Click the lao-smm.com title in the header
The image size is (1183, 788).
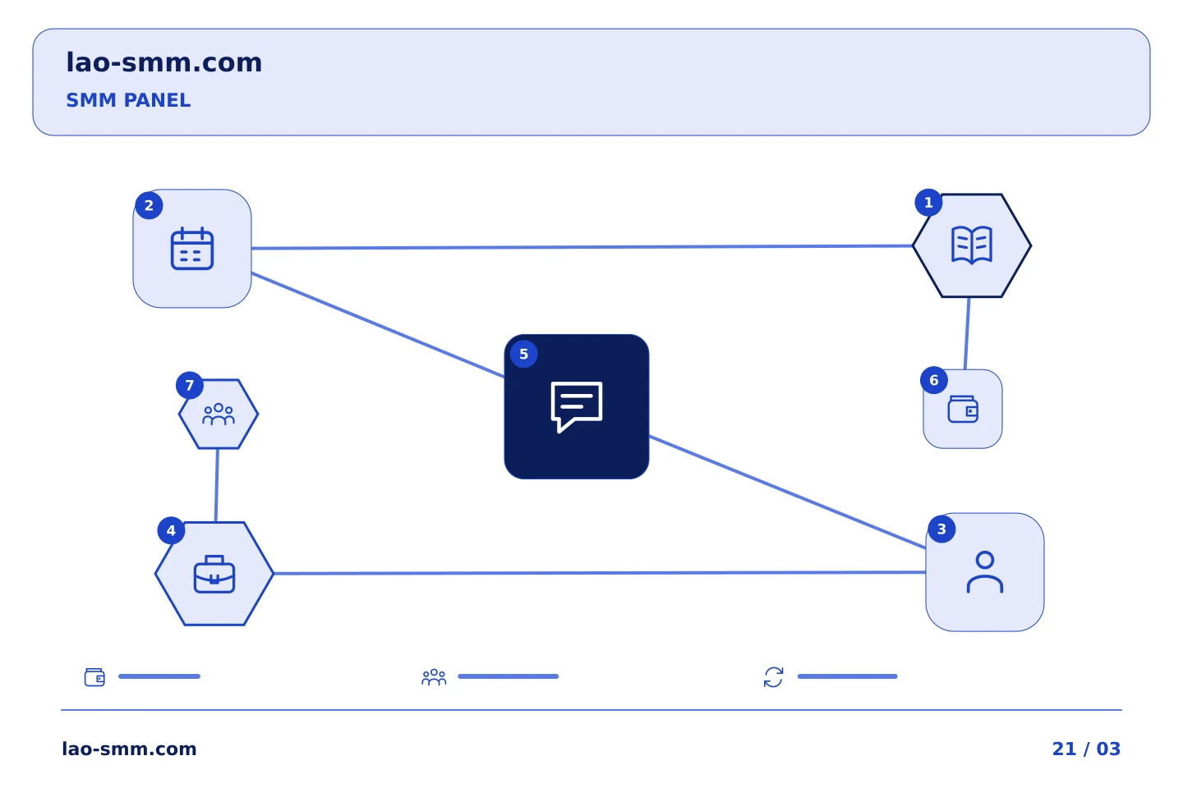tap(163, 63)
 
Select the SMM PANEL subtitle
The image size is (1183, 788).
tap(128, 100)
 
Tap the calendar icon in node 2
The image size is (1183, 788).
tap(192, 249)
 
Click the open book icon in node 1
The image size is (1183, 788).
tap(972, 245)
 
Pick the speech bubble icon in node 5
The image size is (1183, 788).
tap(576, 406)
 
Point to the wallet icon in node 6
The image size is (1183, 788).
tap(963, 409)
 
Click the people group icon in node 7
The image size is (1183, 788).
tap(219, 415)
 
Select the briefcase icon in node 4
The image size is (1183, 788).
tap(214, 575)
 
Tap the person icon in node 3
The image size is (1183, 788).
tap(985, 572)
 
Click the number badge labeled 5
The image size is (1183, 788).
tap(524, 354)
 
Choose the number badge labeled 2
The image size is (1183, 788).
tap(149, 205)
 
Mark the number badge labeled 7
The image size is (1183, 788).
tap(190, 385)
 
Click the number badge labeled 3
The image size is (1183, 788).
tap(941, 529)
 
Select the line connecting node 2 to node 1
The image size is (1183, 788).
tap(582, 247)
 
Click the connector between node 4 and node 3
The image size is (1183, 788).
tap(600, 573)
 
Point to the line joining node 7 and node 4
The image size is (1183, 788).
tap(217, 485)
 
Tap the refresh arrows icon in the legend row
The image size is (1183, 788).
tap(773, 677)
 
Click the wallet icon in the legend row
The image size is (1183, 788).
tap(95, 677)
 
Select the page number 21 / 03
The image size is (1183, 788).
tap(1086, 749)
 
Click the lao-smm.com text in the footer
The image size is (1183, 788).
tap(130, 749)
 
